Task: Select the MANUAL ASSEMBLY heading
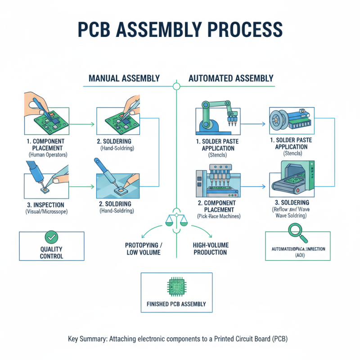click(124, 78)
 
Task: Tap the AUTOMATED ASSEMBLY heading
click(231, 78)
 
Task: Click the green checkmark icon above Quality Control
click(51, 237)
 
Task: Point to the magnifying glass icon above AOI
click(297, 232)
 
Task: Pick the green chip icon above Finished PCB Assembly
click(176, 286)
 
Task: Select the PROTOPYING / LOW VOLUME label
click(144, 248)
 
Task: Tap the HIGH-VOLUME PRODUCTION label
click(211, 248)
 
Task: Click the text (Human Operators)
click(48, 154)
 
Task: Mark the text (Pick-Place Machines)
click(219, 216)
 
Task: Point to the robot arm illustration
click(216, 115)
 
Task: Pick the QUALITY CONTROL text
click(51, 252)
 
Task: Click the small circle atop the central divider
click(176, 85)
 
